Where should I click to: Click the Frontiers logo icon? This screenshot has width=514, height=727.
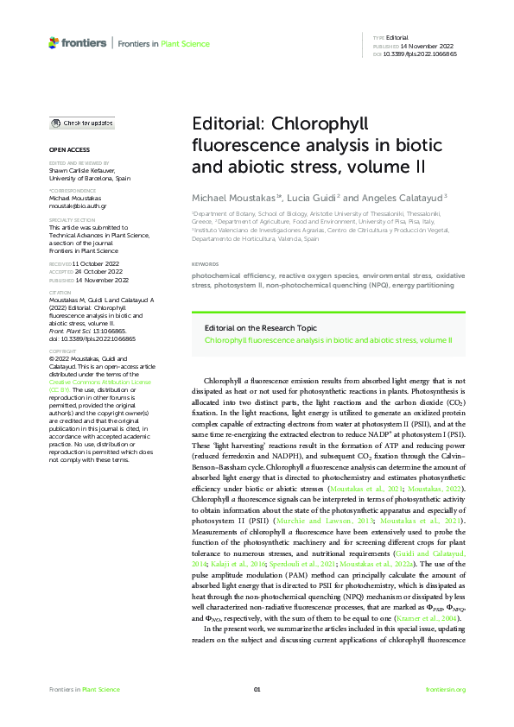54,41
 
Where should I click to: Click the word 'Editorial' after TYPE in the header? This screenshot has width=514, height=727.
397,39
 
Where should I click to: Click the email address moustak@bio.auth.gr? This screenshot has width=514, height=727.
74,207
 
